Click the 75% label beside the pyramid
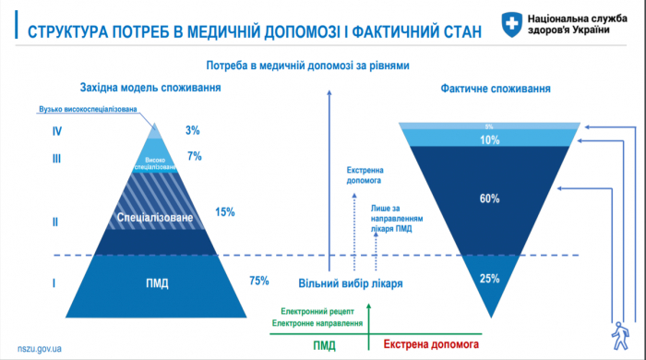(x=259, y=282)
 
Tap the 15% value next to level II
(x=224, y=211)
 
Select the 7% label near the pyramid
(x=194, y=156)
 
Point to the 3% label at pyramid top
(x=192, y=131)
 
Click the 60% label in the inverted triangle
(x=490, y=198)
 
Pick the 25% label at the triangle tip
(x=490, y=278)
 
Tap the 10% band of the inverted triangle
(x=490, y=140)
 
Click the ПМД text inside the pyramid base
(x=157, y=282)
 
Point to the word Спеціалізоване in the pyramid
(x=155, y=218)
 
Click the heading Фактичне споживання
(x=496, y=90)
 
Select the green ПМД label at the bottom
(x=323, y=344)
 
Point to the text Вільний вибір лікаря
(x=350, y=282)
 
